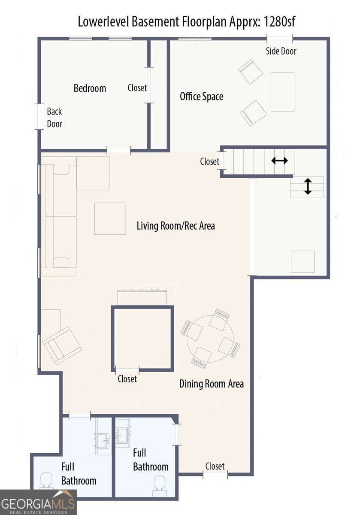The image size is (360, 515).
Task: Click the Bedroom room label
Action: click(x=90, y=88)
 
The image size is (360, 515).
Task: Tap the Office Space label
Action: click(x=201, y=96)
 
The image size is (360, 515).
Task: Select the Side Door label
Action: click(x=281, y=51)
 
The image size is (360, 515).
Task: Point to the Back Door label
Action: click(x=54, y=118)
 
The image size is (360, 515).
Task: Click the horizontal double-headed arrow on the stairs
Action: click(x=279, y=161)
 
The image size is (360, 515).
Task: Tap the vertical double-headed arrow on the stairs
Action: click(x=308, y=186)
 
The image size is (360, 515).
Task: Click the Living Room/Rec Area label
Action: click(x=175, y=226)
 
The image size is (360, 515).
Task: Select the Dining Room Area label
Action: click(x=211, y=384)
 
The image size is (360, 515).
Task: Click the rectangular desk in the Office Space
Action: click(x=283, y=92)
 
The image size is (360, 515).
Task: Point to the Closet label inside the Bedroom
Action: click(x=137, y=88)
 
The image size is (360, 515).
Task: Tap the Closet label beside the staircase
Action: click(x=209, y=161)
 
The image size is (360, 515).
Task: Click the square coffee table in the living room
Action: click(x=110, y=218)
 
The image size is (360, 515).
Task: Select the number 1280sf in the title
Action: click(x=279, y=22)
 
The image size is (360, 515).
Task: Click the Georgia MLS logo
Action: click(x=38, y=503)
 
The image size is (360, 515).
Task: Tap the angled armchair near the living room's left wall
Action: click(x=62, y=345)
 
